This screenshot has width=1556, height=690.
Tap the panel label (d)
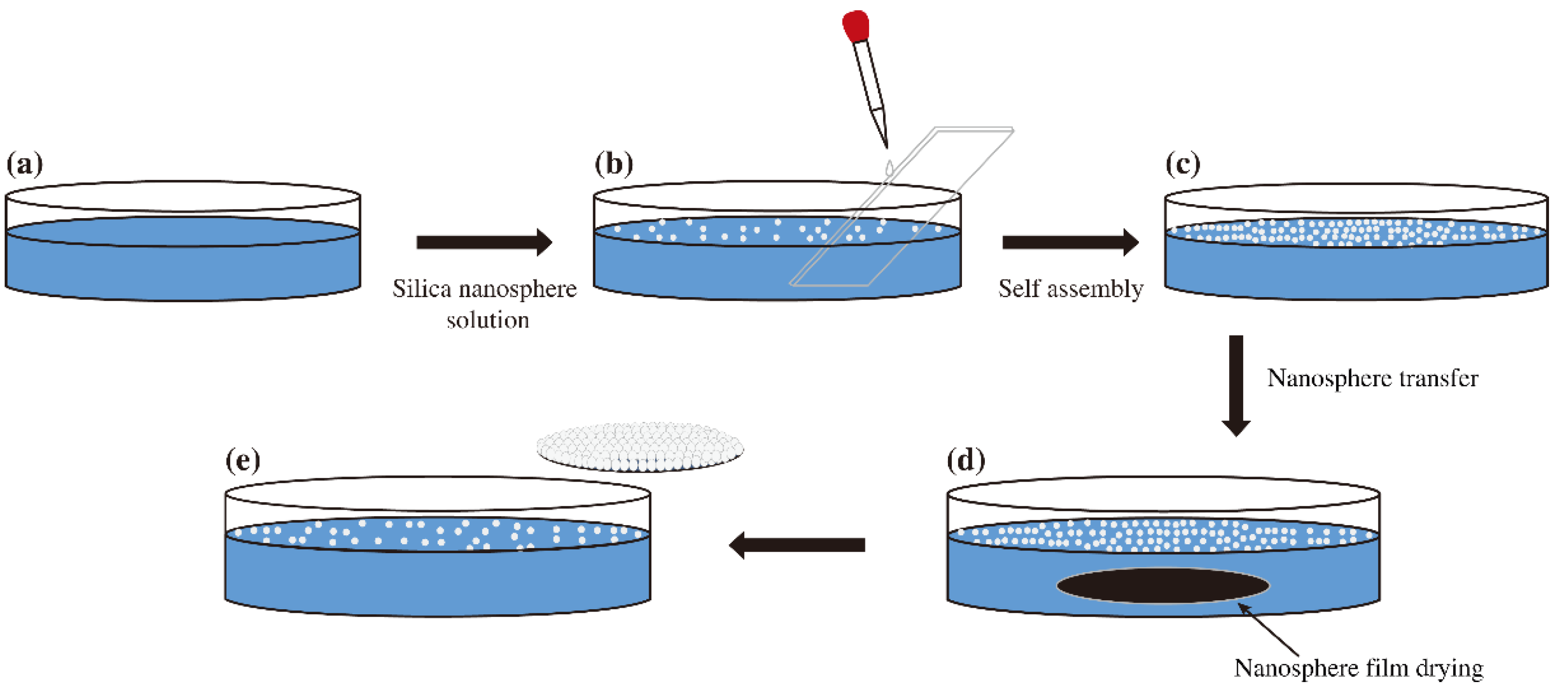966,461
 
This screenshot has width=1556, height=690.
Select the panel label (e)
243,461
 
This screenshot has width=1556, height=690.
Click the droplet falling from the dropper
889,167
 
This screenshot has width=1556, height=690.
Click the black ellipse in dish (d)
1163,585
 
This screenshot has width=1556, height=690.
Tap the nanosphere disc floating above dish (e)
640,447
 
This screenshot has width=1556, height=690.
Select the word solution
488,320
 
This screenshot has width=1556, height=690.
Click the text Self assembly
1070,289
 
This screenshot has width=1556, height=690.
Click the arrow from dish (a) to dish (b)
484,242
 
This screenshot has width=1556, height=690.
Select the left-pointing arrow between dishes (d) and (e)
797,545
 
